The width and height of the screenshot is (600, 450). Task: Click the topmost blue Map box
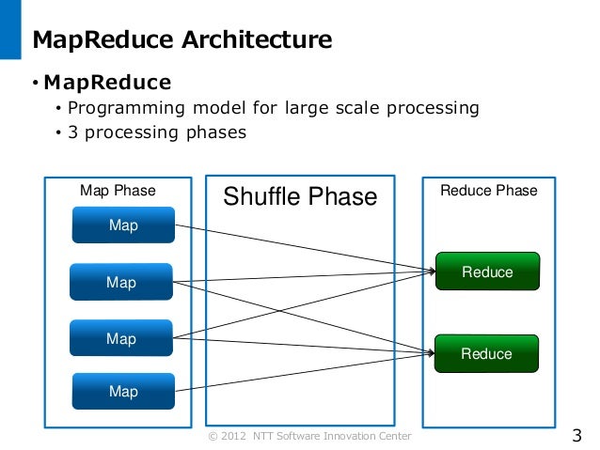point(123,225)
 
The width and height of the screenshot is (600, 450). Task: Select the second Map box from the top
point(121,282)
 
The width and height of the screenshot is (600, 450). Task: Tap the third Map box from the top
point(121,338)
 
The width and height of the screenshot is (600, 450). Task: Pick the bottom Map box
point(123,392)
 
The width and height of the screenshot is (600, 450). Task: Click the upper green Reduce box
point(487,272)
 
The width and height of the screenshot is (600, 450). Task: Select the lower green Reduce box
point(487,353)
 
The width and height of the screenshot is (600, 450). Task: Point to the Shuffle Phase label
point(299,196)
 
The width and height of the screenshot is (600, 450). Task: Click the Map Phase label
point(118,191)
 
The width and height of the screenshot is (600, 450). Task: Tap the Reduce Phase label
point(488,191)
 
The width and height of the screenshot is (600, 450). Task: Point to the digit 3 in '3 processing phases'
point(72,132)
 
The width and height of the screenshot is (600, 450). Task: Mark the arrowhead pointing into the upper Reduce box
point(433,272)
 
